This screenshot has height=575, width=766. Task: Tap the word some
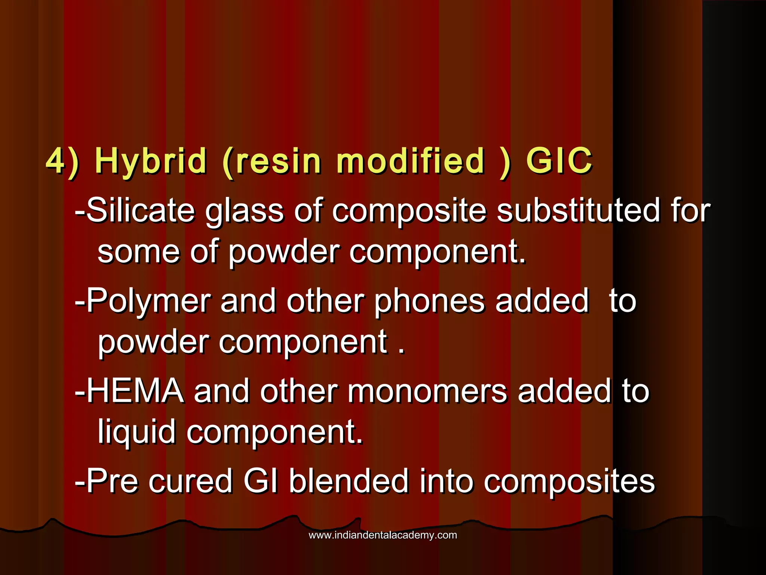coord(138,252)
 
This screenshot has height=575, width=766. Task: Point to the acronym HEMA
coord(135,391)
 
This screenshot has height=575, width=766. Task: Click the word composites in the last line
coord(569,482)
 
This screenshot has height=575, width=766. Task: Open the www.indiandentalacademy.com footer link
coord(383,535)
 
